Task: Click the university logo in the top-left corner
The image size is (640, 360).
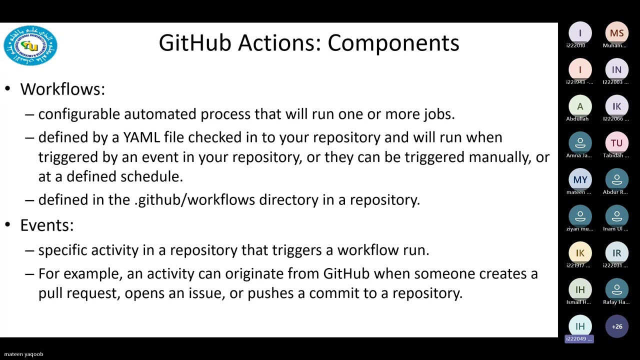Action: (x=30, y=45)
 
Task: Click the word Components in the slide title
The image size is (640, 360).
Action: (x=393, y=43)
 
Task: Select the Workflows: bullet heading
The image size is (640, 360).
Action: (x=62, y=89)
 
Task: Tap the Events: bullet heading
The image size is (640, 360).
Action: (x=47, y=225)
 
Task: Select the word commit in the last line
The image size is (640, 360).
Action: (x=334, y=293)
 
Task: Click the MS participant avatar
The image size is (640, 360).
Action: (x=616, y=33)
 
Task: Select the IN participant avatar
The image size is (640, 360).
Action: (x=616, y=70)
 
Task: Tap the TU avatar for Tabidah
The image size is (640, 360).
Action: (x=616, y=143)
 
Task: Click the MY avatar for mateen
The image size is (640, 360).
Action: (x=580, y=179)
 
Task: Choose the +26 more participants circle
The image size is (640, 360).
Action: (x=616, y=326)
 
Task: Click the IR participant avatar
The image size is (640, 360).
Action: (x=616, y=253)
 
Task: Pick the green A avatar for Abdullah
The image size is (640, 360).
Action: (x=580, y=106)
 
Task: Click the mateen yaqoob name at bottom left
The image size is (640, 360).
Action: (x=23, y=354)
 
